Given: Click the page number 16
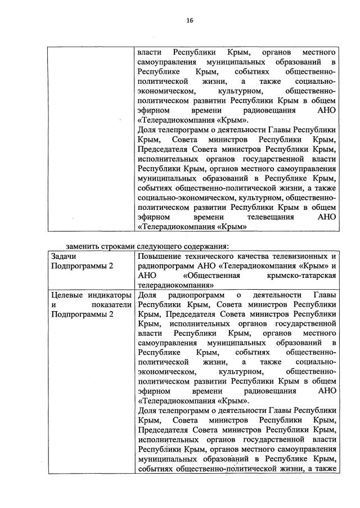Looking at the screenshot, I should tap(190, 21).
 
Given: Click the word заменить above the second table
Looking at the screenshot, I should tap(82, 246).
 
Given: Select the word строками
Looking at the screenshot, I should tap(120, 246).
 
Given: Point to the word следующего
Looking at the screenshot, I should tap(163, 246).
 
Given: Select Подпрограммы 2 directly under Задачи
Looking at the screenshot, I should tap(82, 266).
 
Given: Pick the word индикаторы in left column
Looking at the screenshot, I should tap(110, 295).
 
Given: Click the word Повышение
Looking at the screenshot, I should tap(161, 256).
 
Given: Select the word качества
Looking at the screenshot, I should tap(262, 256).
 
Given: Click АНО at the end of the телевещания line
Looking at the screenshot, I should tap(327, 217).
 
